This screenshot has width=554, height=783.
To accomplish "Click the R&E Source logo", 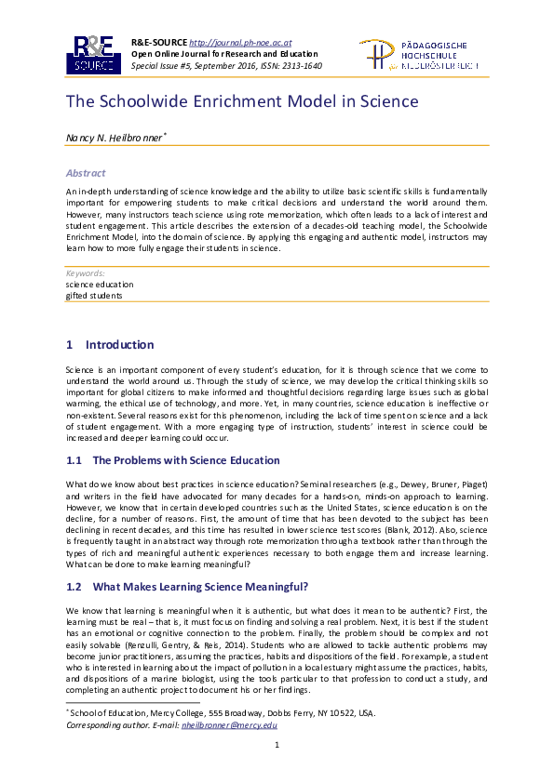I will point(91,55).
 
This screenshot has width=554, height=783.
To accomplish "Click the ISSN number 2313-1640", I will point(301,66).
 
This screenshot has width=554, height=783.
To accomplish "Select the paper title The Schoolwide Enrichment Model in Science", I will point(241,102).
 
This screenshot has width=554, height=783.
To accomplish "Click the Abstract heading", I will point(86,173).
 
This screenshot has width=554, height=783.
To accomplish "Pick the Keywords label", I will point(85,273).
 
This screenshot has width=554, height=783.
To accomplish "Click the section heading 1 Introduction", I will point(110,345).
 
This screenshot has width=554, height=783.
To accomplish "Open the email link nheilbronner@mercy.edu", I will point(229,724).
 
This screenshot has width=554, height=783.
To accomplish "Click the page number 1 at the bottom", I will point(277,746).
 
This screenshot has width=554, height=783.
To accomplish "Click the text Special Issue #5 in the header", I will point(166,66).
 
